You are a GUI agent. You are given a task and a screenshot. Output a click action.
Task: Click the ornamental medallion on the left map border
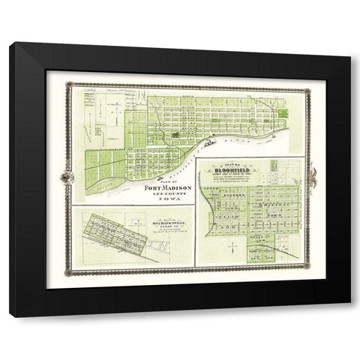click(69, 177)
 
